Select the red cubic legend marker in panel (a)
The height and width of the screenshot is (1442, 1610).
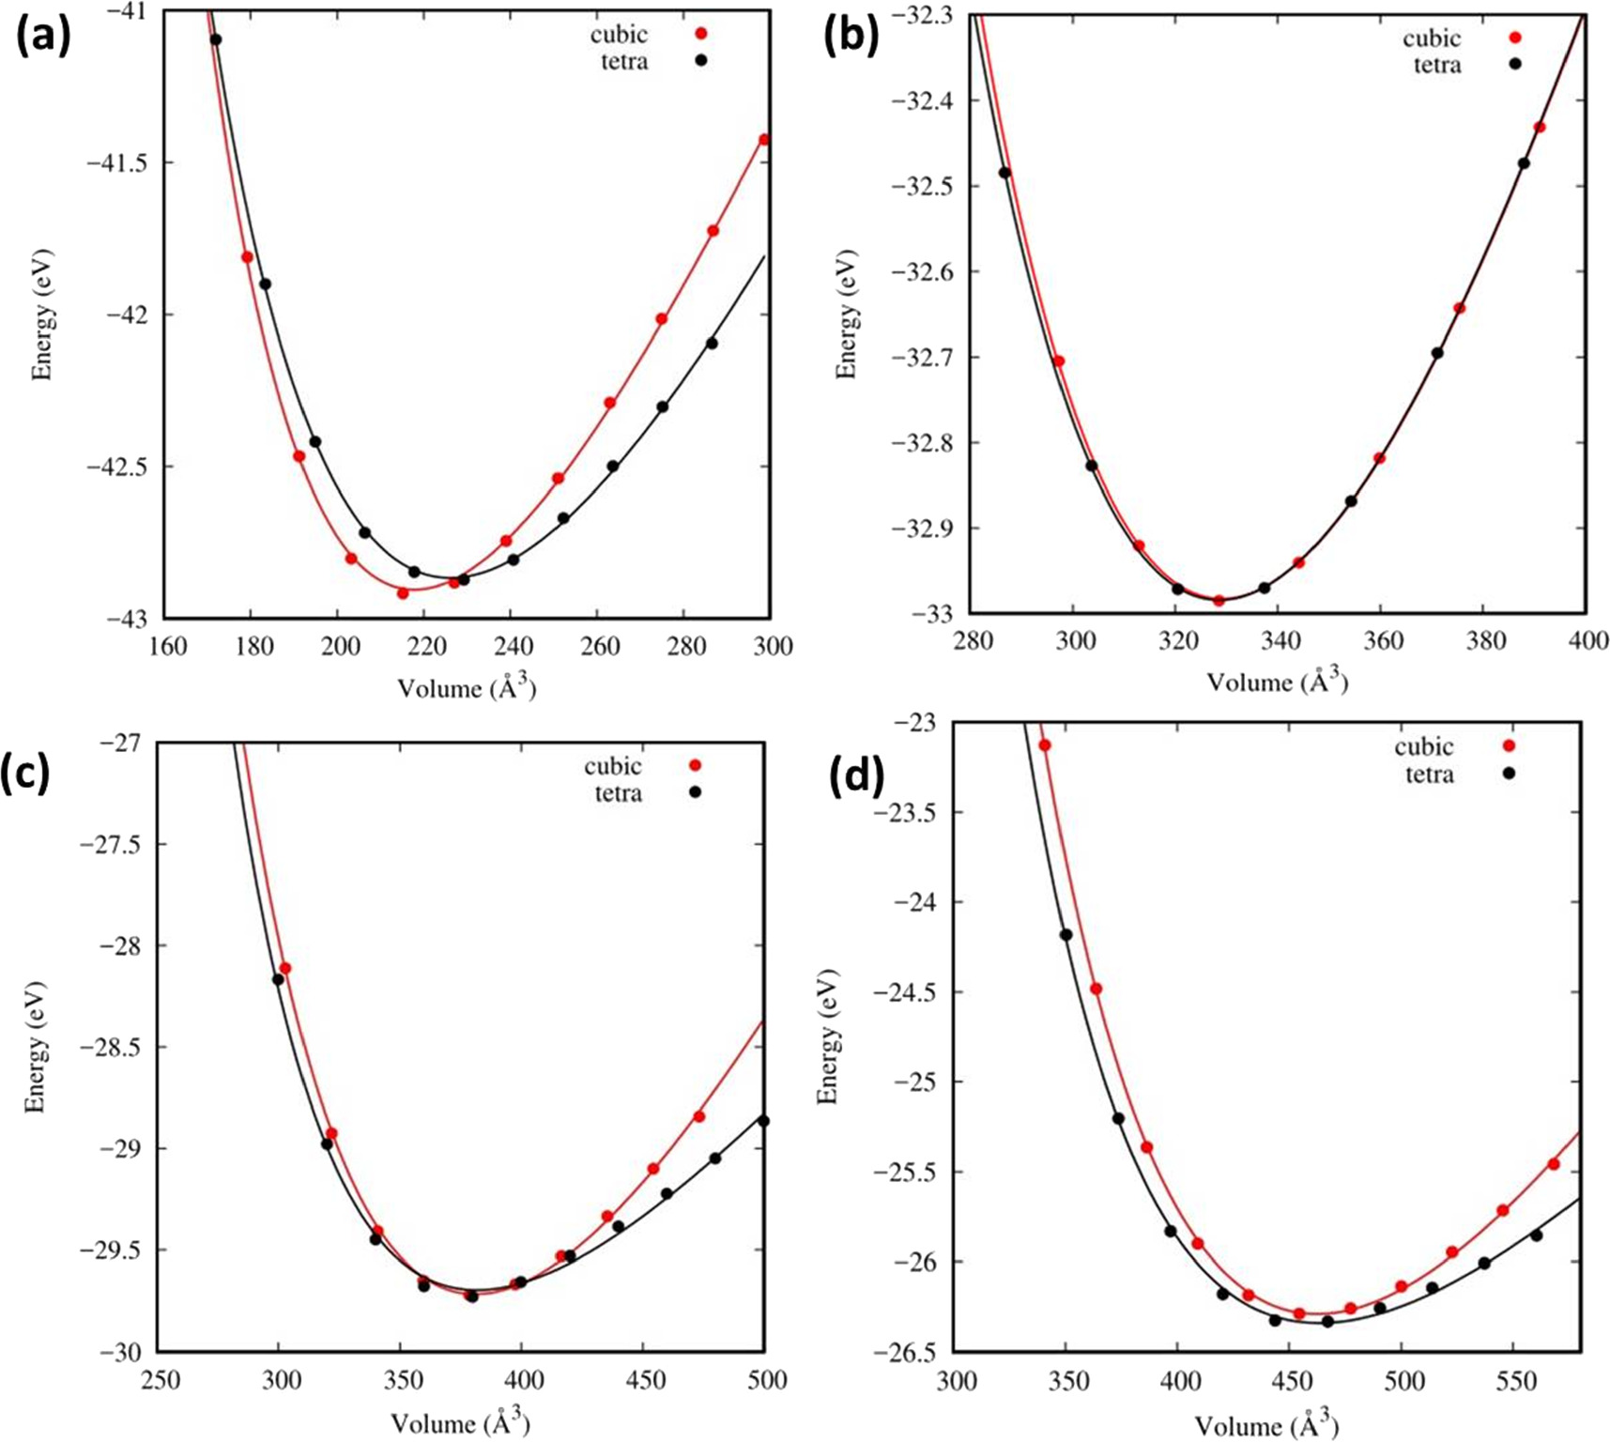point(700,34)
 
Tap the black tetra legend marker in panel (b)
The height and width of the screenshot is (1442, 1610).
point(1513,65)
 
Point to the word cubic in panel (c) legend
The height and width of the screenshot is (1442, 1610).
point(613,766)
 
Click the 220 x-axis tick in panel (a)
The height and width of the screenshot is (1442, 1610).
point(424,646)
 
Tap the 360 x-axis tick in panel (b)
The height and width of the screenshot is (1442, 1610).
point(1381,641)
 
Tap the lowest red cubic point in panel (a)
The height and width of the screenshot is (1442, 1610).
point(403,592)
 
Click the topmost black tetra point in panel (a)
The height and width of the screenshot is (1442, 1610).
point(215,39)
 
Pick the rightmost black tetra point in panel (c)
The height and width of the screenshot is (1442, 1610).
point(763,1121)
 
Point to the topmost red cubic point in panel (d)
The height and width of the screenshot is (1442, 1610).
point(1044,745)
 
